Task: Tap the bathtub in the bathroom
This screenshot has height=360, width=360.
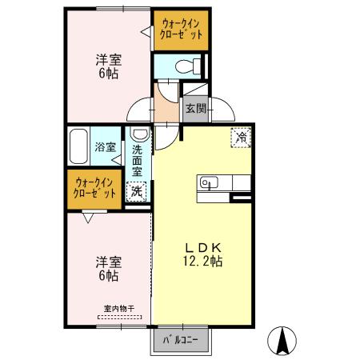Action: (78, 146)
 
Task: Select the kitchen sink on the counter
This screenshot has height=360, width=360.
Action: (207, 183)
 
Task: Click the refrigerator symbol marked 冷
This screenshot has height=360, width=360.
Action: (240, 137)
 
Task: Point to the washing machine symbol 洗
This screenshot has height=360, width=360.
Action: (137, 191)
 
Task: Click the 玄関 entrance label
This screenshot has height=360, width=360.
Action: (195, 108)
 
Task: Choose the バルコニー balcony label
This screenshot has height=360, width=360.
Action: (182, 339)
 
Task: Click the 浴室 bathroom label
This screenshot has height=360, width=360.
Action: (106, 147)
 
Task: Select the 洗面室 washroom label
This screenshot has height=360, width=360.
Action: (138, 159)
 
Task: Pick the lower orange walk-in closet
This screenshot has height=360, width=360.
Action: (94, 188)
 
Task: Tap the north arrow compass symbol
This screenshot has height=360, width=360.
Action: (282, 342)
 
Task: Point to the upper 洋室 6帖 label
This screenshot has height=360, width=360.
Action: (106, 66)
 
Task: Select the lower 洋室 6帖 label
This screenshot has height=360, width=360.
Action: (108, 268)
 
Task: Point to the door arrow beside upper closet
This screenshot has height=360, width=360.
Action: (146, 31)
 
